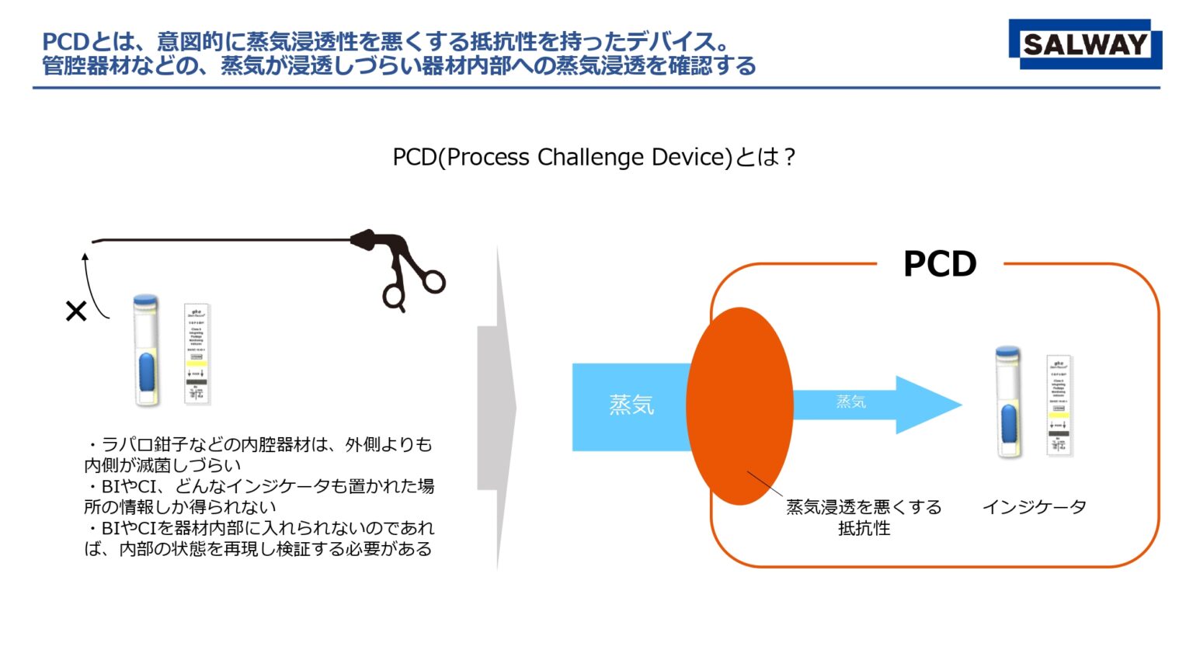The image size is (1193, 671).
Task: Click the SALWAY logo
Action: [x=1084, y=44]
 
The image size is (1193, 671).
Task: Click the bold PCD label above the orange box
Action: [x=939, y=265]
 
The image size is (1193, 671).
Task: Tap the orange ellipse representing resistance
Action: [x=739, y=405]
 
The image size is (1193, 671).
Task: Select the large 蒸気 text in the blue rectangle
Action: [x=631, y=405]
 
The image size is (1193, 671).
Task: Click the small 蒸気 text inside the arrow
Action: [x=850, y=402]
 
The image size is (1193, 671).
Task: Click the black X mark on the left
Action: [x=76, y=311]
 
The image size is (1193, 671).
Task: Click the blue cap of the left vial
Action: [x=145, y=301]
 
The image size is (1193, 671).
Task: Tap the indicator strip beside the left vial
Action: [x=197, y=354]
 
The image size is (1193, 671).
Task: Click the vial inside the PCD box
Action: [x=1008, y=402]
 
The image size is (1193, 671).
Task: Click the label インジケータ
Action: [x=1034, y=507]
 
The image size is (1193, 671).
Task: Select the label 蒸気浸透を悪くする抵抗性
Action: [x=864, y=517]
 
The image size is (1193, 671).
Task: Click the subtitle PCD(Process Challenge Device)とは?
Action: [x=594, y=158]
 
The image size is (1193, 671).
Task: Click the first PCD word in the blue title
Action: [x=65, y=41]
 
